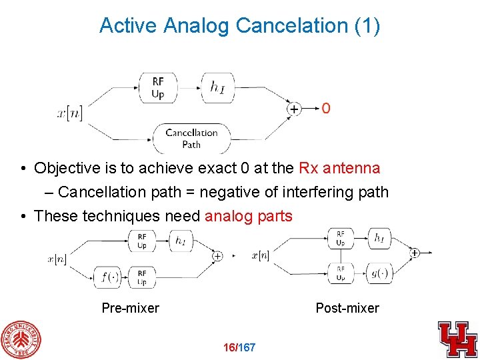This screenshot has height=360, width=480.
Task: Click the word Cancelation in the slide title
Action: click(x=289, y=25)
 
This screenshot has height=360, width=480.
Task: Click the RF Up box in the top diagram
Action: click(x=157, y=87)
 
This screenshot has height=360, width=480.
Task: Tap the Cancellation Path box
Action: click(x=191, y=138)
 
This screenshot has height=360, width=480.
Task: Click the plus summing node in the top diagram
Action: click(x=293, y=108)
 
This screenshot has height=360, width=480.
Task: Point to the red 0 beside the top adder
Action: click(x=325, y=108)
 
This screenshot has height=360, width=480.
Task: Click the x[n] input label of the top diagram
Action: click(x=70, y=113)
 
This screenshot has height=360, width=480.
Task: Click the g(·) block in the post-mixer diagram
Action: click(x=380, y=272)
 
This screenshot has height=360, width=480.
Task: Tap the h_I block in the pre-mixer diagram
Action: click(x=181, y=241)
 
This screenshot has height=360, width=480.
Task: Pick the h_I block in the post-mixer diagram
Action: click(x=379, y=238)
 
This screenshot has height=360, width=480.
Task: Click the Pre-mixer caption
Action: click(x=130, y=308)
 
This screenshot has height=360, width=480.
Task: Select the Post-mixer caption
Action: click(x=347, y=308)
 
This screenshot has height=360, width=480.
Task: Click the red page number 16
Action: click(x=231, y=348)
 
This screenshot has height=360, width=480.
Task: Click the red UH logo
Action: click(x=457, y=339)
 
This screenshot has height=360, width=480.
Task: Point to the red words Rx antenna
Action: click(x=339, y=168)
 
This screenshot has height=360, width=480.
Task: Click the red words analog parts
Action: click(x=248, y=216)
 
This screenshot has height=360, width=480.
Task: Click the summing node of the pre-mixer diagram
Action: click(x=217, y=256)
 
